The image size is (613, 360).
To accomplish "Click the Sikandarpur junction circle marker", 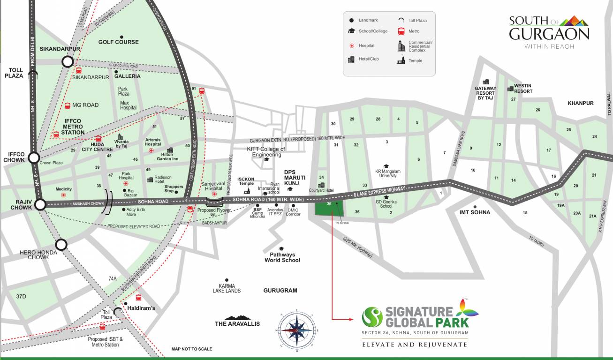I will coord(68,61).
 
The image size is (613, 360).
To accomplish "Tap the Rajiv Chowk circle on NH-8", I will coord(40,204).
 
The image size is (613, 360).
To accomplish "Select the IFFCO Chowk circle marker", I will coord(34,157).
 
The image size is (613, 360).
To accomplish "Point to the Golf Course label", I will coord(118,42).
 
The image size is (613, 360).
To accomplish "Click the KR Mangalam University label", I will coord(388,174).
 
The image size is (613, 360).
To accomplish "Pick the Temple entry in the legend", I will coord(415,60).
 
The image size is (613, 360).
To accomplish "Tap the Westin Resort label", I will coord(522,88).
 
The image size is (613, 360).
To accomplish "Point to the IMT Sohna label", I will coord(475,212).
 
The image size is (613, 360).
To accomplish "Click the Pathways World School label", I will coord(282,257).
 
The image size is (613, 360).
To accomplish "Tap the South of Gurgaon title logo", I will coord(549,32).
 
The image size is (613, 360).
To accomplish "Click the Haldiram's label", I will coord(142,308).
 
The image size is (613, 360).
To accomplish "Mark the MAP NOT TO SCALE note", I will coord(191,349).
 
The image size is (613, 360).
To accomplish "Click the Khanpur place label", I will coord(580,103).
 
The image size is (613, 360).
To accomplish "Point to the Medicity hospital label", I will coord(64,189).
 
